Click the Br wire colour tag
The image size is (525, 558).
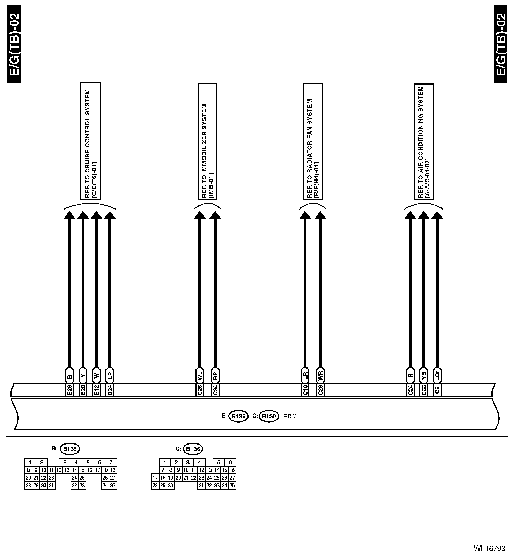point(69,375)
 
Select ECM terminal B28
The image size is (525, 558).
point(69,390)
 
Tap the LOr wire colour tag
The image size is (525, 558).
point(437,375)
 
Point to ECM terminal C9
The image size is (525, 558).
point(437,390)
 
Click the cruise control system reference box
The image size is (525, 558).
point(90,141)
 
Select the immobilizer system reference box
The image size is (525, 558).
point(207,141)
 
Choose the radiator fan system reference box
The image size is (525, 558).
point(312,141)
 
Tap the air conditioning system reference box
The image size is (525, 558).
point(424,141)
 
